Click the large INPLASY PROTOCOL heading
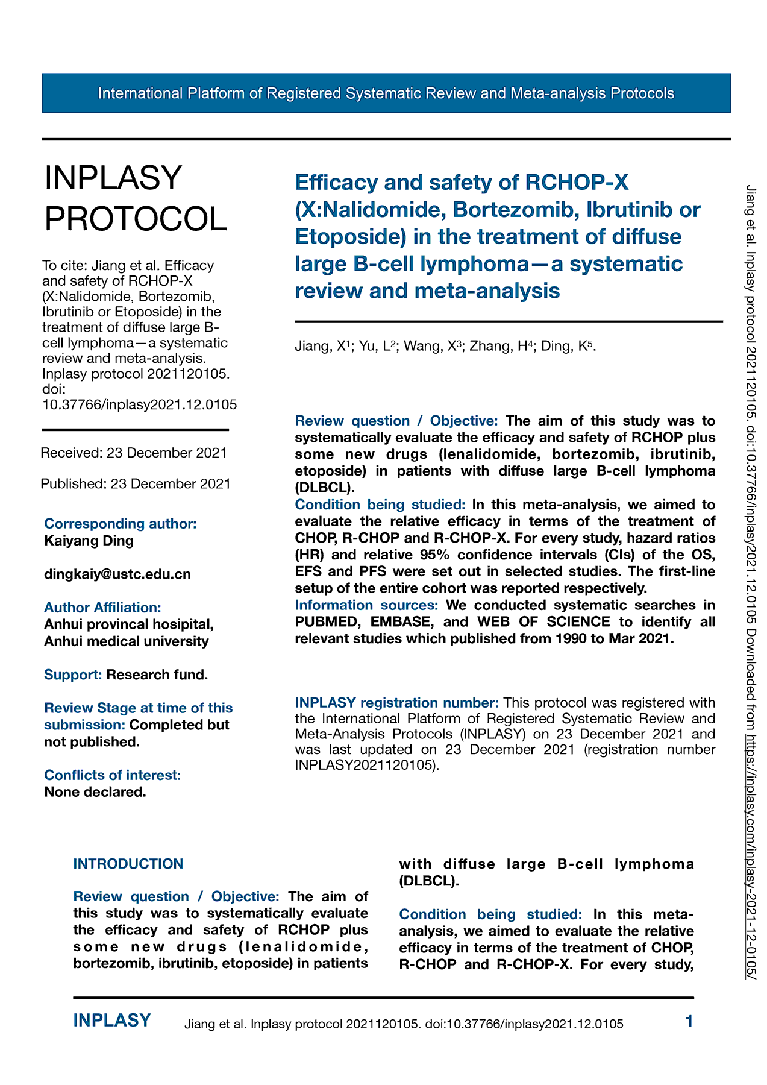136,198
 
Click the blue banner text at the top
386,93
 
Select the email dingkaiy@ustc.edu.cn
117,574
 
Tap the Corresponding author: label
121,523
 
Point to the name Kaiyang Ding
89,540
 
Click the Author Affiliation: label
102,607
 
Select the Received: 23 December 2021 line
134,453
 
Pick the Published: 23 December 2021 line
136,483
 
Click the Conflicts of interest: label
113,775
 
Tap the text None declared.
95,791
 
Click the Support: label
73,675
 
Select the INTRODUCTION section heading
128,863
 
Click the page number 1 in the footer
689,1021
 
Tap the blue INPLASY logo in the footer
112,1021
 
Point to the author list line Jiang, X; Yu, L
445,346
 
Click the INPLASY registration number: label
397,702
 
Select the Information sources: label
366,605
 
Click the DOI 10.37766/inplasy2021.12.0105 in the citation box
140,404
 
